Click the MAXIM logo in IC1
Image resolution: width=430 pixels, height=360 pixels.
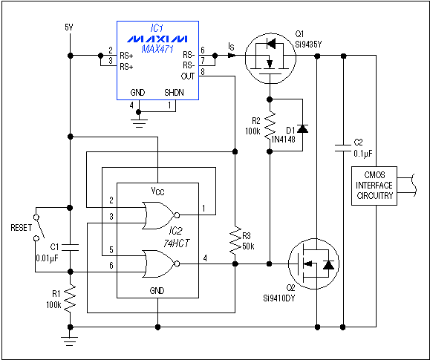point(157,37)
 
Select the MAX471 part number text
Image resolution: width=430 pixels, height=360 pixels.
point(157,49)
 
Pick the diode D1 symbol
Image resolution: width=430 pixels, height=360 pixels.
point(302,127)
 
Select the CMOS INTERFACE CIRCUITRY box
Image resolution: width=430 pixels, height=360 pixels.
point(374,184)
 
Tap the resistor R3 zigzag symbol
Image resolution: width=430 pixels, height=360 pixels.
point(235,239)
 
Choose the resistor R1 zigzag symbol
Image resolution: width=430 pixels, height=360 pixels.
point(69,299)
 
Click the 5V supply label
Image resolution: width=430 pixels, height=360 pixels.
point(69,27)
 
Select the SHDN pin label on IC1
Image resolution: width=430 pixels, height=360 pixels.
point(173,93)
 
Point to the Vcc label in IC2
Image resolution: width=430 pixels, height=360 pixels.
point(157,191)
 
